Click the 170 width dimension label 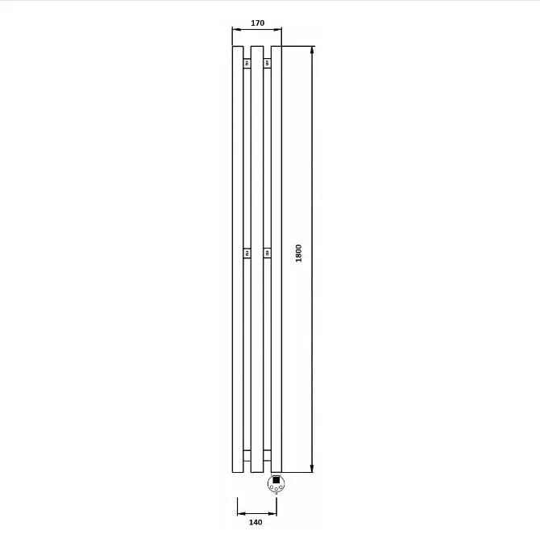pyautogui.click(x=257, y=23)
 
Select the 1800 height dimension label pyautogui.click(x=298, y=253)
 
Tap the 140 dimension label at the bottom pyautogui.click(x=255, y=522)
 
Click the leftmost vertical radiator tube pyautogui.click(x=238, y=259)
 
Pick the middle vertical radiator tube pyautogui.click(x=257, y=259)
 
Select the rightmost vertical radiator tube pyautogui.click(x=276, y=259)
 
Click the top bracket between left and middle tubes pyautogui.click(x=247, y=63)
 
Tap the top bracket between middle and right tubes pyautogui.click(x=268, y=63)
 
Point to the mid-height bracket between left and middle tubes pyautogui.click(x=247, y=253)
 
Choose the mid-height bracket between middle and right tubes pyautogui.click(x=268, y=253)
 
